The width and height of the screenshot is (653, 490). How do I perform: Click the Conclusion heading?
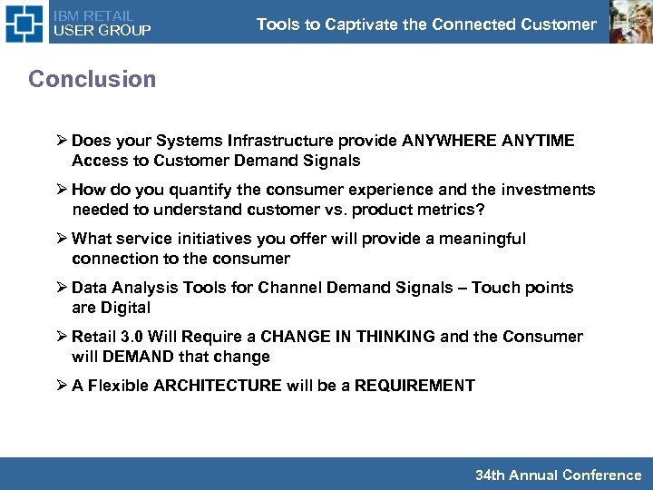pyautogui.click(x=92, y=79)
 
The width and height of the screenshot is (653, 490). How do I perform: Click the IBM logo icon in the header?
pyautogui.click(x=24, y=23)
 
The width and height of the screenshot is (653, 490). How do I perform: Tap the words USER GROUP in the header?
pyautogui.click(x=102, y=31)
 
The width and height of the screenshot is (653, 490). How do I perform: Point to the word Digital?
pyautogui.click(x=124, y=308)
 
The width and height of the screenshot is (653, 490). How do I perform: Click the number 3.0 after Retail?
pyautogui.click(x=132, y=337)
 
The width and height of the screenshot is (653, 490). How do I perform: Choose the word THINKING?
pyautogui.click(x=395, y=337)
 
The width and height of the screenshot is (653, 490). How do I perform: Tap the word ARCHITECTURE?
pyautogui.click(x=218, y=386)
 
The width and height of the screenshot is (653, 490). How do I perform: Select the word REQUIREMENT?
pyautogui.click(x=414, y=386)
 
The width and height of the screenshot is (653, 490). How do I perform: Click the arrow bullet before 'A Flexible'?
pyautogui.click(x=61, y=386)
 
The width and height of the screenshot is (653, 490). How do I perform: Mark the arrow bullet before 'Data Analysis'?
pyautogui.click(x=61, y=288)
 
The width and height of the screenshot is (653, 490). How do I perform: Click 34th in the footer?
pyautogui.click(x=491, y=475)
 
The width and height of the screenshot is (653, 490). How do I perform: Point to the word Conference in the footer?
pyautogui.click(x=601, y=475)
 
